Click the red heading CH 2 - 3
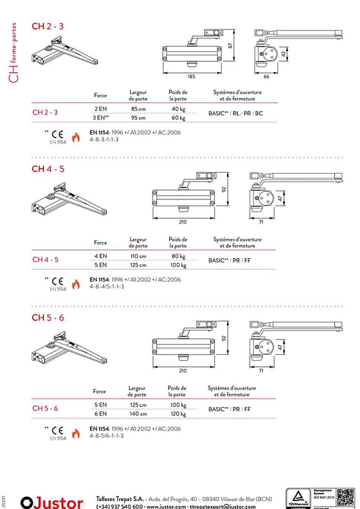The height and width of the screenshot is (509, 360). coord(47,26)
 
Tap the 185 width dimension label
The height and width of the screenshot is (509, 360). coord(191,77)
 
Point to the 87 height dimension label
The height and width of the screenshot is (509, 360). coord(230,45)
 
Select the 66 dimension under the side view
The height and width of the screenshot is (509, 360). coord(266,77)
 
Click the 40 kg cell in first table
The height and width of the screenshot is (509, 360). coord(178,109)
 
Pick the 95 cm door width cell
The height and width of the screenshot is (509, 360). coord(138,118)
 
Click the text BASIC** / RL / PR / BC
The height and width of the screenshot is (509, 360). coord(236,113)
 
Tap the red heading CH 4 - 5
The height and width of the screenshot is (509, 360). coord(48,169)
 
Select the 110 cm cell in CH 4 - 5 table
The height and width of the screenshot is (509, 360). coord(138,256)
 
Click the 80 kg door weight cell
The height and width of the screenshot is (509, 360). coord(178,256)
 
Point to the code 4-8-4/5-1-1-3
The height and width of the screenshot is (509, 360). coord(107,286)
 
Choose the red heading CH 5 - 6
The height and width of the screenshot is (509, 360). coord(48,318)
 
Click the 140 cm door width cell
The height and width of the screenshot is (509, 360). coord(138,414)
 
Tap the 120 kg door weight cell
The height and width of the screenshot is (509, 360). coord(178,414)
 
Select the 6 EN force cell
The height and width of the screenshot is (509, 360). coord(100,414)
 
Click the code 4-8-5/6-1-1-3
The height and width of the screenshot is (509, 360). coord(106,436)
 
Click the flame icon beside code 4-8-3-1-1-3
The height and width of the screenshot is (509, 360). coord(76,137)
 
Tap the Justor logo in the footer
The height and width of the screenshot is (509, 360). coord(52,502)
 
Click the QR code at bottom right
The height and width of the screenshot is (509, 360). coord(345,498)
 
